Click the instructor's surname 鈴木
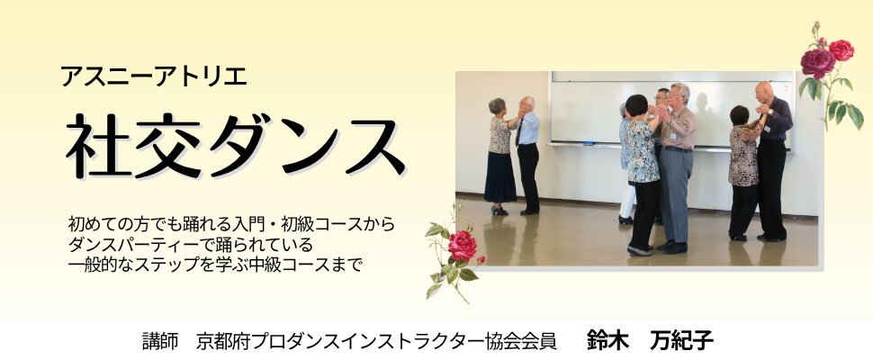tap(607, 340)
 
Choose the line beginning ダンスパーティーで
tap(190, 244)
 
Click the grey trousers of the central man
tap(675, 193)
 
